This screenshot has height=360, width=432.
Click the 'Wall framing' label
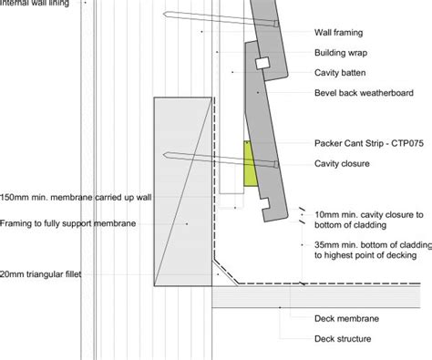pos(338,33)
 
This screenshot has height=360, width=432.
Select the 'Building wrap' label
pos(341,53)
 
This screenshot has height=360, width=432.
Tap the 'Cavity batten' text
pos(340,73)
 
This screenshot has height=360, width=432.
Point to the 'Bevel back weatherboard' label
pos(364,93)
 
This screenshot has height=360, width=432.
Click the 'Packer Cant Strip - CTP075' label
pos(369,143)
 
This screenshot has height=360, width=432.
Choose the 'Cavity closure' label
pos(342,163)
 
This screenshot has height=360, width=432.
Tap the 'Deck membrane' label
pos(346,318)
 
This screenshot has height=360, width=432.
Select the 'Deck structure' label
pos(343,338)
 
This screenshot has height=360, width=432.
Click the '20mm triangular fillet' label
pos(40,274)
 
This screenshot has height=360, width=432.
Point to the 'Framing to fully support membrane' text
pos(67,223)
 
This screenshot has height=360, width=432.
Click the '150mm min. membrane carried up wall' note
pos(76,198)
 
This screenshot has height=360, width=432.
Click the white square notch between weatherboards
pos(262,63)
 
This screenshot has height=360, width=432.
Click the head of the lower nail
pos(276,164)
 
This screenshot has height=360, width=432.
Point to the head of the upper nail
pos(276,24)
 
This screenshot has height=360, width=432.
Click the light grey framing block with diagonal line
pos(183,191)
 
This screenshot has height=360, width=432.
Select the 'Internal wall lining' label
pos(35,3)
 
